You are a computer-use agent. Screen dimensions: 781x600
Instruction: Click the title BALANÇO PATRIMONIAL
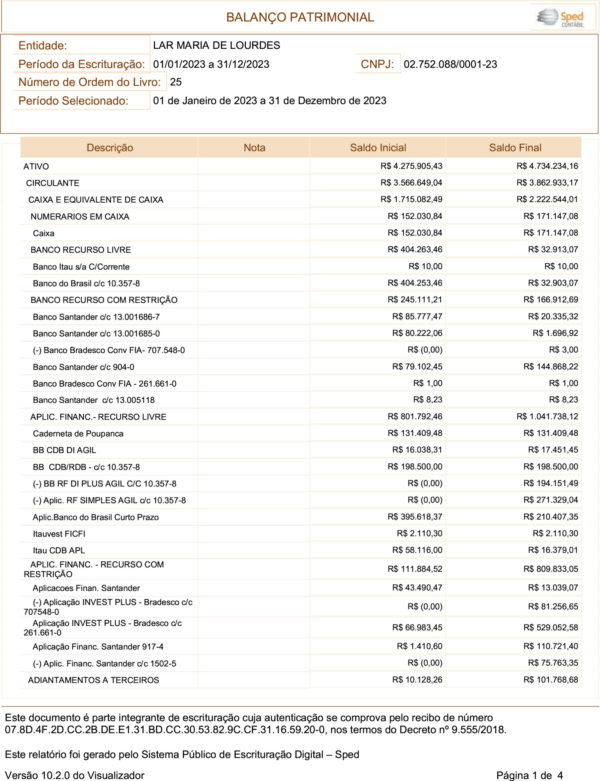tap(300, 17)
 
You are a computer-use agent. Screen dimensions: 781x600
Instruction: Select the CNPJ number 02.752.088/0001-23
tap(450, 64)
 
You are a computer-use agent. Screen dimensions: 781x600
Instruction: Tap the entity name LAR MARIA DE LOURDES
tap(217, 45)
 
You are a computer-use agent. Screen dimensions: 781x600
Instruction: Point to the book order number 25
tap(176, 82)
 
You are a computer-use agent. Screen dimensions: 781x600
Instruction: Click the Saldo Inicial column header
tap(378, 147)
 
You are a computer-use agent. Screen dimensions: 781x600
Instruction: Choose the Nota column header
tap(254, 147)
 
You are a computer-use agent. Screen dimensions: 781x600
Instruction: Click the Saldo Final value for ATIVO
tap(547, 166)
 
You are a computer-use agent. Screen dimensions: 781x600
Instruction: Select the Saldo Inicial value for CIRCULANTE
tap(411, 183)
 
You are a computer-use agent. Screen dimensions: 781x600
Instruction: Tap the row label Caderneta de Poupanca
tap(78, 434)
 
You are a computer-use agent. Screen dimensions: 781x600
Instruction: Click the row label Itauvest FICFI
tap(59, 534)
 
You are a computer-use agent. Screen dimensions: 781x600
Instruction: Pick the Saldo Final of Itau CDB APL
tap(553, 550)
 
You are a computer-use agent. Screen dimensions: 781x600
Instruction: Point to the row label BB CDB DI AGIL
tap(64, 450)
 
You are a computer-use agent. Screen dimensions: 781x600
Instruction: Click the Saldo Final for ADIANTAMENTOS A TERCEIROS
tap(550, 680)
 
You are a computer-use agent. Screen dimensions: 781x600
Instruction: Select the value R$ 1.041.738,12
tap(547, 416)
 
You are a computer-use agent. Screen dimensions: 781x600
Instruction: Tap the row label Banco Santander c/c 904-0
tap(83, 367)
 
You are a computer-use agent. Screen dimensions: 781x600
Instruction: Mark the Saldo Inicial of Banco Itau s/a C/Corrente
tap(425, 266)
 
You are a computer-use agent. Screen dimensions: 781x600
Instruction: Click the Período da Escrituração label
tap(81, 64)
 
